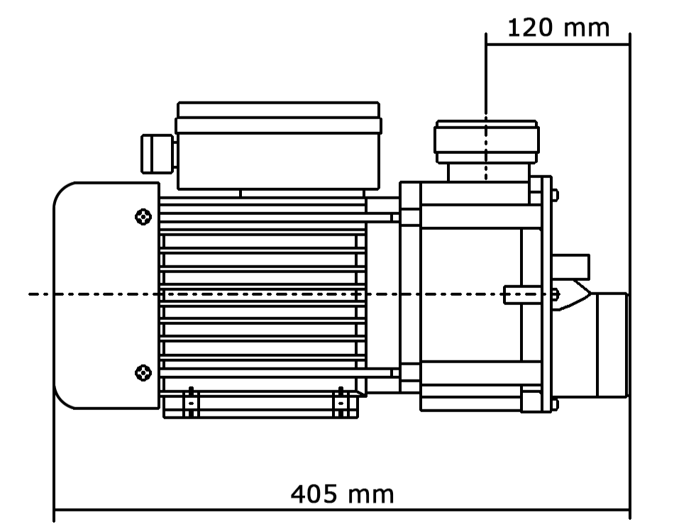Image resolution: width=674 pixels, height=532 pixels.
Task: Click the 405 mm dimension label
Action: click(x=342, y=494)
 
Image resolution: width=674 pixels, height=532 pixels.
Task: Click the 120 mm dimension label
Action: click(x=558, y=28)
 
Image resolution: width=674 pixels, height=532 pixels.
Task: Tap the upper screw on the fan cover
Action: click(x=143, y=216)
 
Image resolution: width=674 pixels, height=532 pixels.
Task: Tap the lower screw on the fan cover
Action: click(x=143, y=372)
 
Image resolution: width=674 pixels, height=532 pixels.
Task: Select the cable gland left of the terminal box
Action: click(x=158, y=154)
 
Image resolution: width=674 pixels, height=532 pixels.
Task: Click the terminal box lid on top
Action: click(x=279, y=117)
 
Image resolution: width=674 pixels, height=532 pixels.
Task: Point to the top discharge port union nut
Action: click(x=487, y=142)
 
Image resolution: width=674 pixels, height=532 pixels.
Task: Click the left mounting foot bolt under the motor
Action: click(x=191, y=402)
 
